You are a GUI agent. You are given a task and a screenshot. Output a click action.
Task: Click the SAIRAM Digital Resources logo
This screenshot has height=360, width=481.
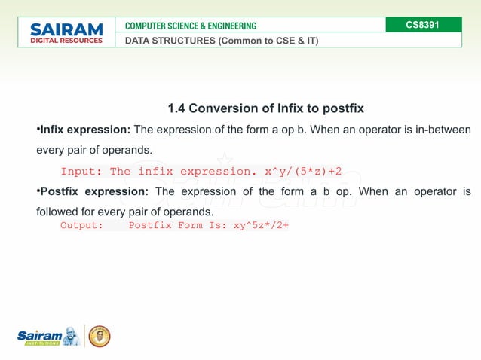pos(66,33)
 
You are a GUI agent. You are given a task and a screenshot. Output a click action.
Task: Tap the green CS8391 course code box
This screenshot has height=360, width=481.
pos(422,25)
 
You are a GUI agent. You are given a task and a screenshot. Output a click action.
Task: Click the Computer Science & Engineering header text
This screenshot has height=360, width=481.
pos(191,26)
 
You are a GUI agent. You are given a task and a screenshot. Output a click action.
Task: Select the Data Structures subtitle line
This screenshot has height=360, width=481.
pos(222,41)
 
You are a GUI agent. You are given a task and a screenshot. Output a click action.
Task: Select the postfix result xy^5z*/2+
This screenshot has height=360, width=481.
pos(262,225)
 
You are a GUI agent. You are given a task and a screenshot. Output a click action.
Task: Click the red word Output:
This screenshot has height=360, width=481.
pos(81,225)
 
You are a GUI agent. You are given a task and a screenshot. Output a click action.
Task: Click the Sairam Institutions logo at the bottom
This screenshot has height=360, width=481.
pos(42,337)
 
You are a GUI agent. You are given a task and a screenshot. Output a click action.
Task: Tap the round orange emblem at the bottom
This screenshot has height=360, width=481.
pos(100,336)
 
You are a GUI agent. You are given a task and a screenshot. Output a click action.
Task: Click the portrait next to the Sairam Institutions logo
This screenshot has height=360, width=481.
pos(72,336)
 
